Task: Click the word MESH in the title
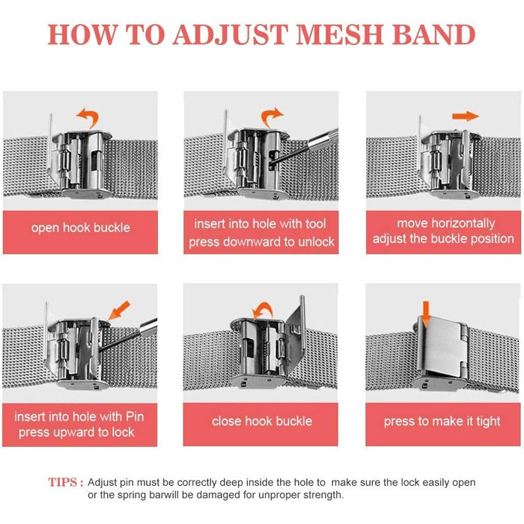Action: [339, 34]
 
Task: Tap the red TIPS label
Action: [66, 482]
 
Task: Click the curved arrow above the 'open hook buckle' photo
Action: [88, 118]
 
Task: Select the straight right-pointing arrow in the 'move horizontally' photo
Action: [466, 116]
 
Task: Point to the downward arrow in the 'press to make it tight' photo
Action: [426, 314]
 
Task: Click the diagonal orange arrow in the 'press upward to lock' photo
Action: [119, 310]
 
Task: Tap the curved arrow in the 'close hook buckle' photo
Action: [263, 311]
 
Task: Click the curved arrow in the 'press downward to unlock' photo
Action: [272, 117]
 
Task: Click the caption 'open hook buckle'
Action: [81, 228]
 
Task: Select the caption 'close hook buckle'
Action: [262, 421]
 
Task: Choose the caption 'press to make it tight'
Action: [442, 421]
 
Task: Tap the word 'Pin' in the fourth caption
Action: [135, 417]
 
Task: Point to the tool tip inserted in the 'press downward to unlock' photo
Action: [271, 162]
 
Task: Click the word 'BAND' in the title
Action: [433, 34]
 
